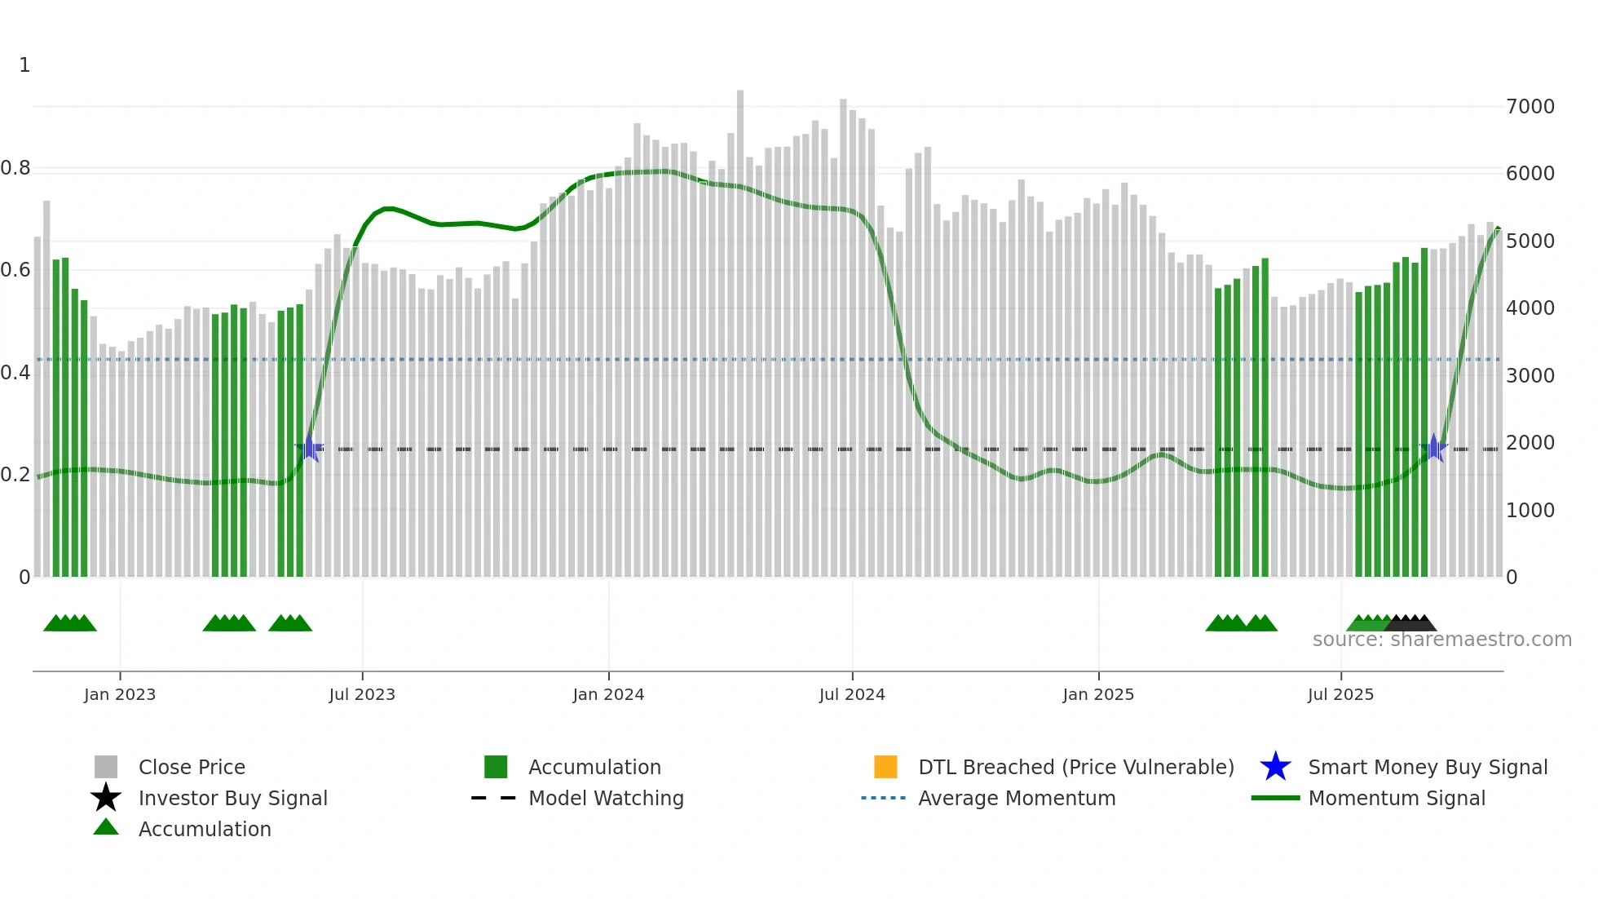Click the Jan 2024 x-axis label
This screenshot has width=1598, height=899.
[x=608, y=694]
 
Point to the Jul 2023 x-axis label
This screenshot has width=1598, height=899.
[x=362, y=694]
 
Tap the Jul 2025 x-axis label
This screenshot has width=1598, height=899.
[x=1340, y=694]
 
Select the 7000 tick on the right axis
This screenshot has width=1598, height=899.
[x=1530, y=107]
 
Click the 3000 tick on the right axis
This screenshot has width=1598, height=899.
[x=1530, y=376]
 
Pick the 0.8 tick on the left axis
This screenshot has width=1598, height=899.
[x=15, y=169]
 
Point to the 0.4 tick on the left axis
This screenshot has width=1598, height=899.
[x=15, y=374]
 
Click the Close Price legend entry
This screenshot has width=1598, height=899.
[x=192, y=767]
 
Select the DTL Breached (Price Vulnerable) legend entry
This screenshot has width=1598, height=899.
[x=1075, y=767]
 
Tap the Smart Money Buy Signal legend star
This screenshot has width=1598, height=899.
[x=1275, y=767]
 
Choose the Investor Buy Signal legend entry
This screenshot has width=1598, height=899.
[x=232, y=798]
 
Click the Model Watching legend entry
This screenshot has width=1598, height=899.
[x=606, y=798]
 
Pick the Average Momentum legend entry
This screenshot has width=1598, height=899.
[x=1017, y=798]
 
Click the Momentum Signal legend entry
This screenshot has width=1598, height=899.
[x=1397, y=798]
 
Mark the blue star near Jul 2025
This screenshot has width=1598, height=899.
[x=1433, y=448]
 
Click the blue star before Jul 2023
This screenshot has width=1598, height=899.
[x=309, y=448]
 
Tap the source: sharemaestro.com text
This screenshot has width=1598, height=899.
[x=1441, y=640]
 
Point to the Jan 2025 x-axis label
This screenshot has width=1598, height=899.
[x=1098, y=694]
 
